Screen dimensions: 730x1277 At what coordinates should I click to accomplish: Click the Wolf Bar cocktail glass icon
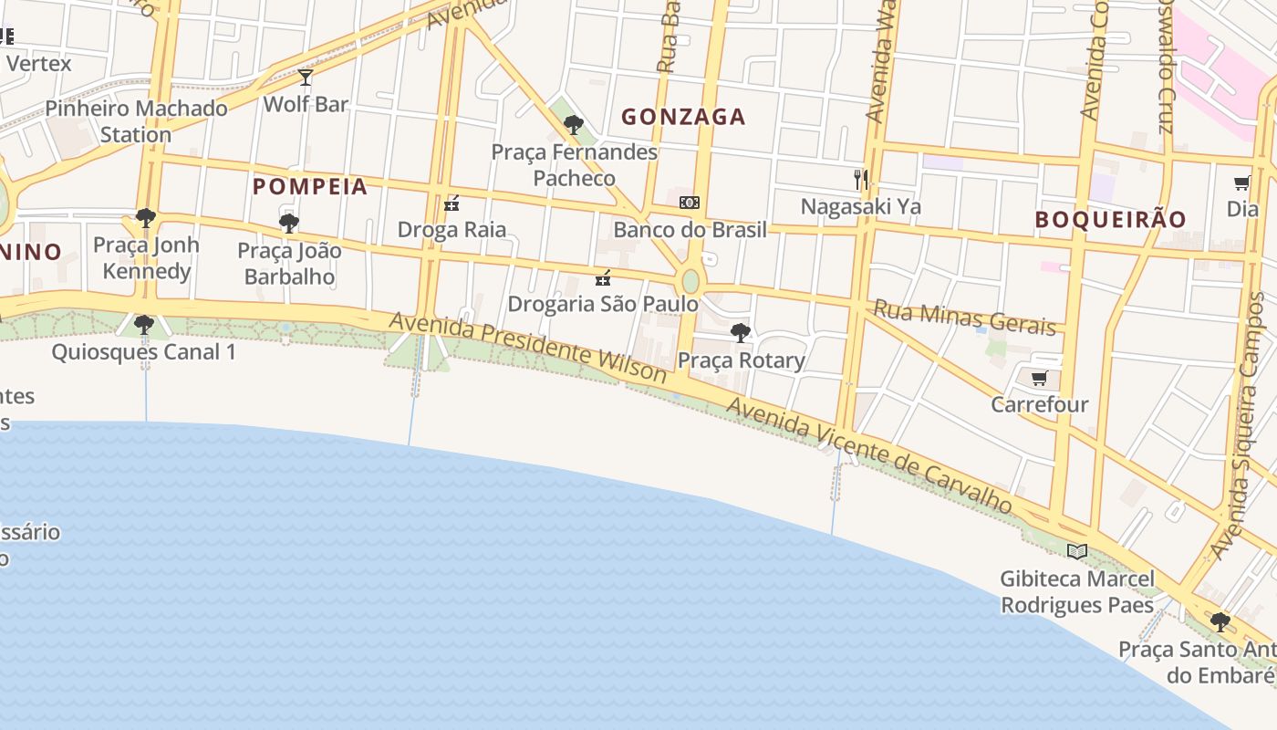(x=306, y=78)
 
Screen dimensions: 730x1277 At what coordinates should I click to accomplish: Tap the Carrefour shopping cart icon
(x=1039, y=378)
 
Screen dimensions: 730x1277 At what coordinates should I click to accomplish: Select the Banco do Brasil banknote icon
(x=690, y=203)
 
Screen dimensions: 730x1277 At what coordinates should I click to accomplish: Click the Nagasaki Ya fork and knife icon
(x=859, y=179)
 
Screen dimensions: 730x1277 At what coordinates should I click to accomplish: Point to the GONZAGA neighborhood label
(x=683, y=117)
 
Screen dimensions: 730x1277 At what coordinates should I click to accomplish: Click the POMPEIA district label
(x=310, y=187)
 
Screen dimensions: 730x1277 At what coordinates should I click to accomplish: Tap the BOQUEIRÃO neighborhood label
(x=1110, y=219)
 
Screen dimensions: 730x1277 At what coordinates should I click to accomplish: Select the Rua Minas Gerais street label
(x=965, y=317)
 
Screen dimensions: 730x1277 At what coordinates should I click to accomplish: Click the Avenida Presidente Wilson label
(x=528, y=347)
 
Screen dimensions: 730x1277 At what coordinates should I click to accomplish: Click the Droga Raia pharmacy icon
(x=451, y=203)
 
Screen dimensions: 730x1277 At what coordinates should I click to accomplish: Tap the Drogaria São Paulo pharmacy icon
(x=602, y=277)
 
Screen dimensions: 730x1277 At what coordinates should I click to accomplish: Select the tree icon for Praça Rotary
(x=741, y=333)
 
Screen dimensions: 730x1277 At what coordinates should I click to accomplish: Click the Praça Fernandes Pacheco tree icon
(x=573, y=125)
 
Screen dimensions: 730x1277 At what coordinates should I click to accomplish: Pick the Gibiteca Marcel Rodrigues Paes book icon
(x=1077, y=551)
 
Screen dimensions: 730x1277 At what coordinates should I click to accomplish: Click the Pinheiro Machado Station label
(x=136, y=121)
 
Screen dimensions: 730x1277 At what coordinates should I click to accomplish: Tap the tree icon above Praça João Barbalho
(x=289, y=223)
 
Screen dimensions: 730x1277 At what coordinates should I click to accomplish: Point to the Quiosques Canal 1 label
(x=143, y=351)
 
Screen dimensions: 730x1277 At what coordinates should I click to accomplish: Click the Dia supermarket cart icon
(x=1241, y=182)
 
